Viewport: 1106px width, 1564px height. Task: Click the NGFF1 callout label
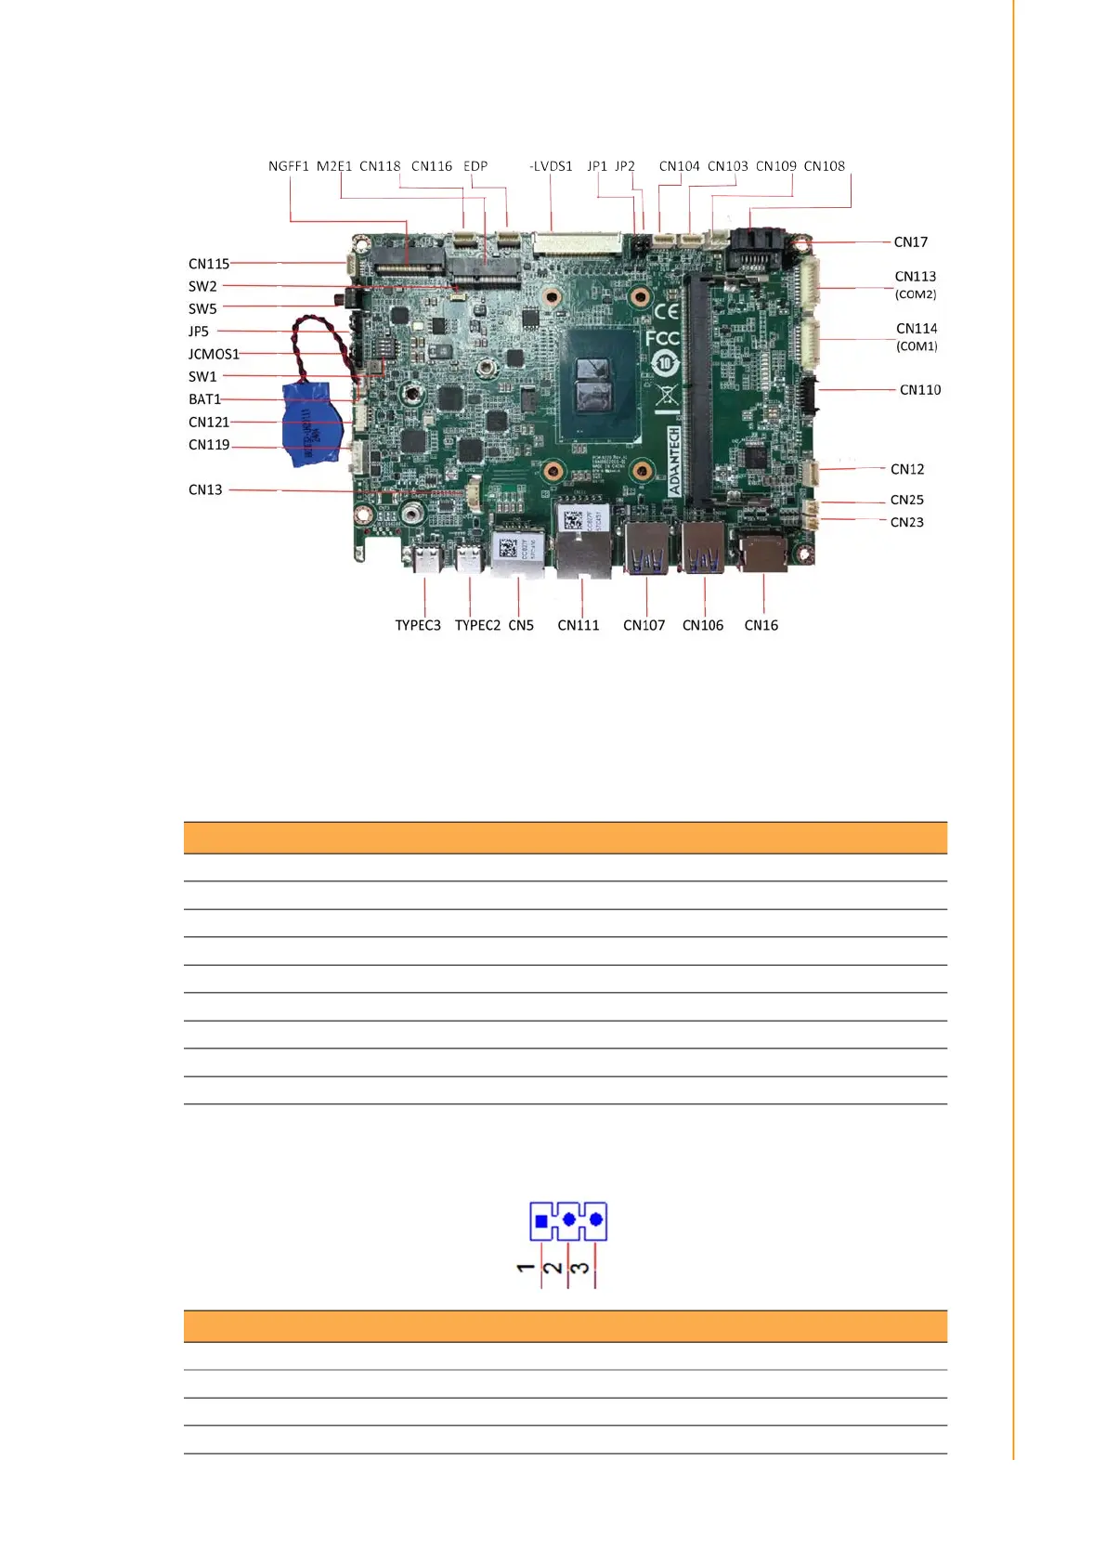pyautogui.click(x=288, y=166)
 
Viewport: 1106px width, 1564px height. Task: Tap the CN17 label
pyautogui.click(x=910, y=242)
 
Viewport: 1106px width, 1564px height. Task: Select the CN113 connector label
pyautogui.click(x=915, y=277)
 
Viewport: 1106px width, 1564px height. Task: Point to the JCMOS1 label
pyautogui.click(x=214, y=354)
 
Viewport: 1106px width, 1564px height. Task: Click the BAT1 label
pyautogui.click(x=204, y=399)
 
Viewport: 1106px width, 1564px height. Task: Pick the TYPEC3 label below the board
pyautogui.click(x=418, y=625)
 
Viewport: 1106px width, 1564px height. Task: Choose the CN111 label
pyautogui.click(x=578, y=625)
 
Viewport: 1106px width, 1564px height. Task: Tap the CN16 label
pyautogui.click(x=761, y=625)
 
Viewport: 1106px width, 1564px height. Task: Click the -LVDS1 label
pyautogui.click(x=551, y=166)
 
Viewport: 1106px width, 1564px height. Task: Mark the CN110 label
pyautogui.click(x=919, y=390)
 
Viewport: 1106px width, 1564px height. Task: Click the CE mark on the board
pyautogui.click(x=666, y=311)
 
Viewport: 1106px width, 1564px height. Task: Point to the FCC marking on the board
pyautogui.click(x=662, y=337)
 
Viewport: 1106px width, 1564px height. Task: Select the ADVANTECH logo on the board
pyautogui.click(x=674, y=461)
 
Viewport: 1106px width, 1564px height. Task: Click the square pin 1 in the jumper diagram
pyautogui.click(x=541, y=1221)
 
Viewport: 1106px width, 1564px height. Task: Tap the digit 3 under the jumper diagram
pyautogui.click(x=579, y=1268)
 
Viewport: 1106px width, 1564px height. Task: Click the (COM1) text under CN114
pyautogui.click(x=917, y=346)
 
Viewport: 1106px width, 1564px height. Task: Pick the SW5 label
pyautogui.click(x=202, y=309)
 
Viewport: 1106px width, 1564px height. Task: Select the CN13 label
pyautogui.click(x=205, y=489)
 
